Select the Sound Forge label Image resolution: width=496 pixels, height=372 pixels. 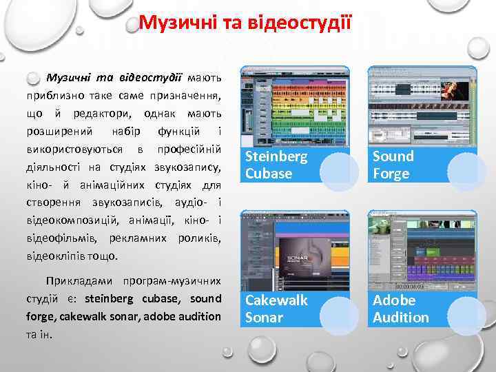coord(393,165)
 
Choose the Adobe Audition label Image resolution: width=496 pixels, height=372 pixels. coord(400,309)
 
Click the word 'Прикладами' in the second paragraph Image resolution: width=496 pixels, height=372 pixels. coord(76,281)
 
